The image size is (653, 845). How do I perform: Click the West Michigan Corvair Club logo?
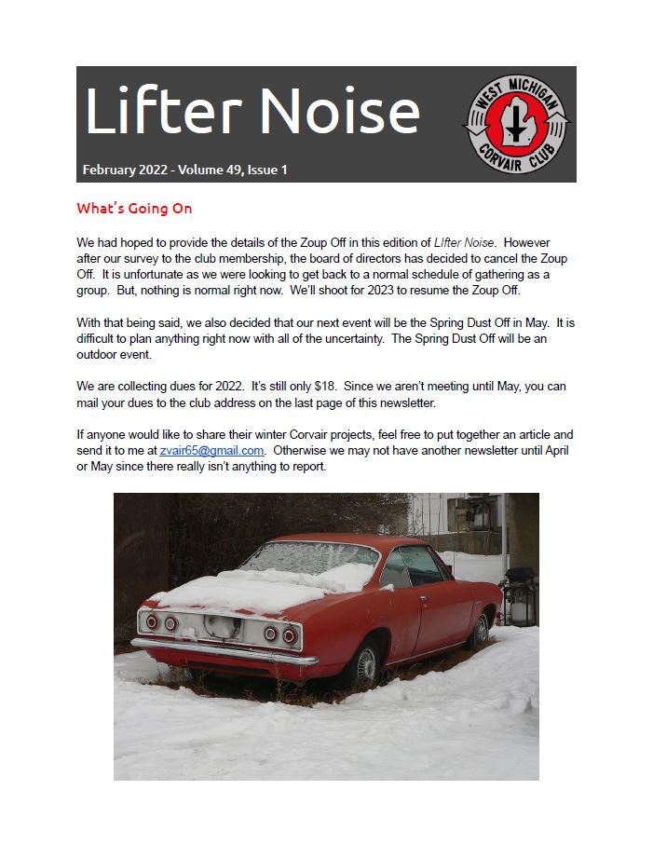[x=517, y=124]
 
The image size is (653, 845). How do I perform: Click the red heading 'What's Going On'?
[x=134, y=209]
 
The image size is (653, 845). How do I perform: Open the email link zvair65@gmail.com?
[x=212, y=450]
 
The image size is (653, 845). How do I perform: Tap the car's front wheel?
[x=480, y=631]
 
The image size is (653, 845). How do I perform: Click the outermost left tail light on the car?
[x=152, y=621]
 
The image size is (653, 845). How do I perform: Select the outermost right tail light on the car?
[x=290, y=636]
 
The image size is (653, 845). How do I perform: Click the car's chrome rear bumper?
[x=214, y=651]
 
